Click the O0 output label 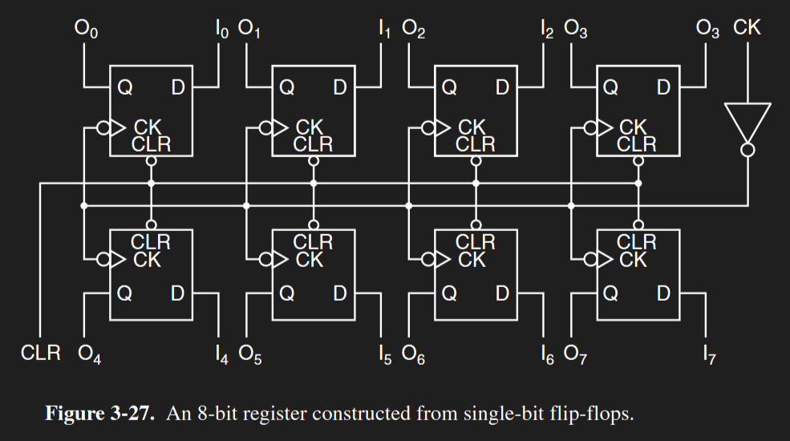click(86, 30)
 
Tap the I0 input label click(221, 30)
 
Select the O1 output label click(249, 30)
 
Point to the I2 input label click(547, 30)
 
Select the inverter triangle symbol click(747, 120)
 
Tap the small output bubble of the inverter click(747, 150)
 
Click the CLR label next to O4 click(40, 353)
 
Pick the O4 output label click(90, 354)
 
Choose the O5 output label click(251, 354)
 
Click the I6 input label click(548, 354)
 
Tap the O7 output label click(576, 354)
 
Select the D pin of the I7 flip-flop click(662, 294)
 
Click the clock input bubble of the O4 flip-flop click(102, 259)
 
